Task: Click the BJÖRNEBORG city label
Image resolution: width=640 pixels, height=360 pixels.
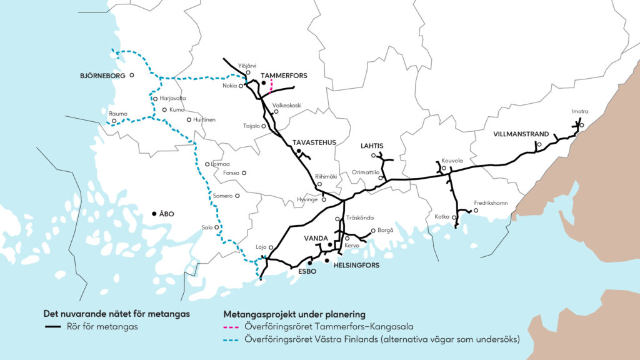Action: pyautogui.click(x=102, y=76)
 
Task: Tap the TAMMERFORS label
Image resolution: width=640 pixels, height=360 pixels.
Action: pyautogui.click(x=284, y=76)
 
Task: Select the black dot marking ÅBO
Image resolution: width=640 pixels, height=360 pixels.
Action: pyautogui.click(x=154, y=214)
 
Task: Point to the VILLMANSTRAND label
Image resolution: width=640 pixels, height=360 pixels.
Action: pyautogui.click(x=521, y=134)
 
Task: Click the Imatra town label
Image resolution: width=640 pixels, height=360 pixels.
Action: pyautogui.click(x=580, y=112)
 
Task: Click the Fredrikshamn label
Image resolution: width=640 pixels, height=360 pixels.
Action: pyautogui.click(x=491, y=202)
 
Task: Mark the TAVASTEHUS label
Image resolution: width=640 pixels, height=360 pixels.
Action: pyautogui.click(x=314, y=142)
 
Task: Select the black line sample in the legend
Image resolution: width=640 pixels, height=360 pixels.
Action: pyautogui.click(x=53, y=326)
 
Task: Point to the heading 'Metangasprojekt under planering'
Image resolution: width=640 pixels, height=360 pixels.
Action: pyautogui.click(x=294, y=314)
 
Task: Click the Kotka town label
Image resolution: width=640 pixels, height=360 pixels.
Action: pyautogui.click(x=442, y=217)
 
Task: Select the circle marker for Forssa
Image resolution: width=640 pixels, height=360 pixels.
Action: pyautogui.click(x=244, y=173)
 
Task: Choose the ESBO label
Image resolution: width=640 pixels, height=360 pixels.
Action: pyautogui.click(x=307, y=272)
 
